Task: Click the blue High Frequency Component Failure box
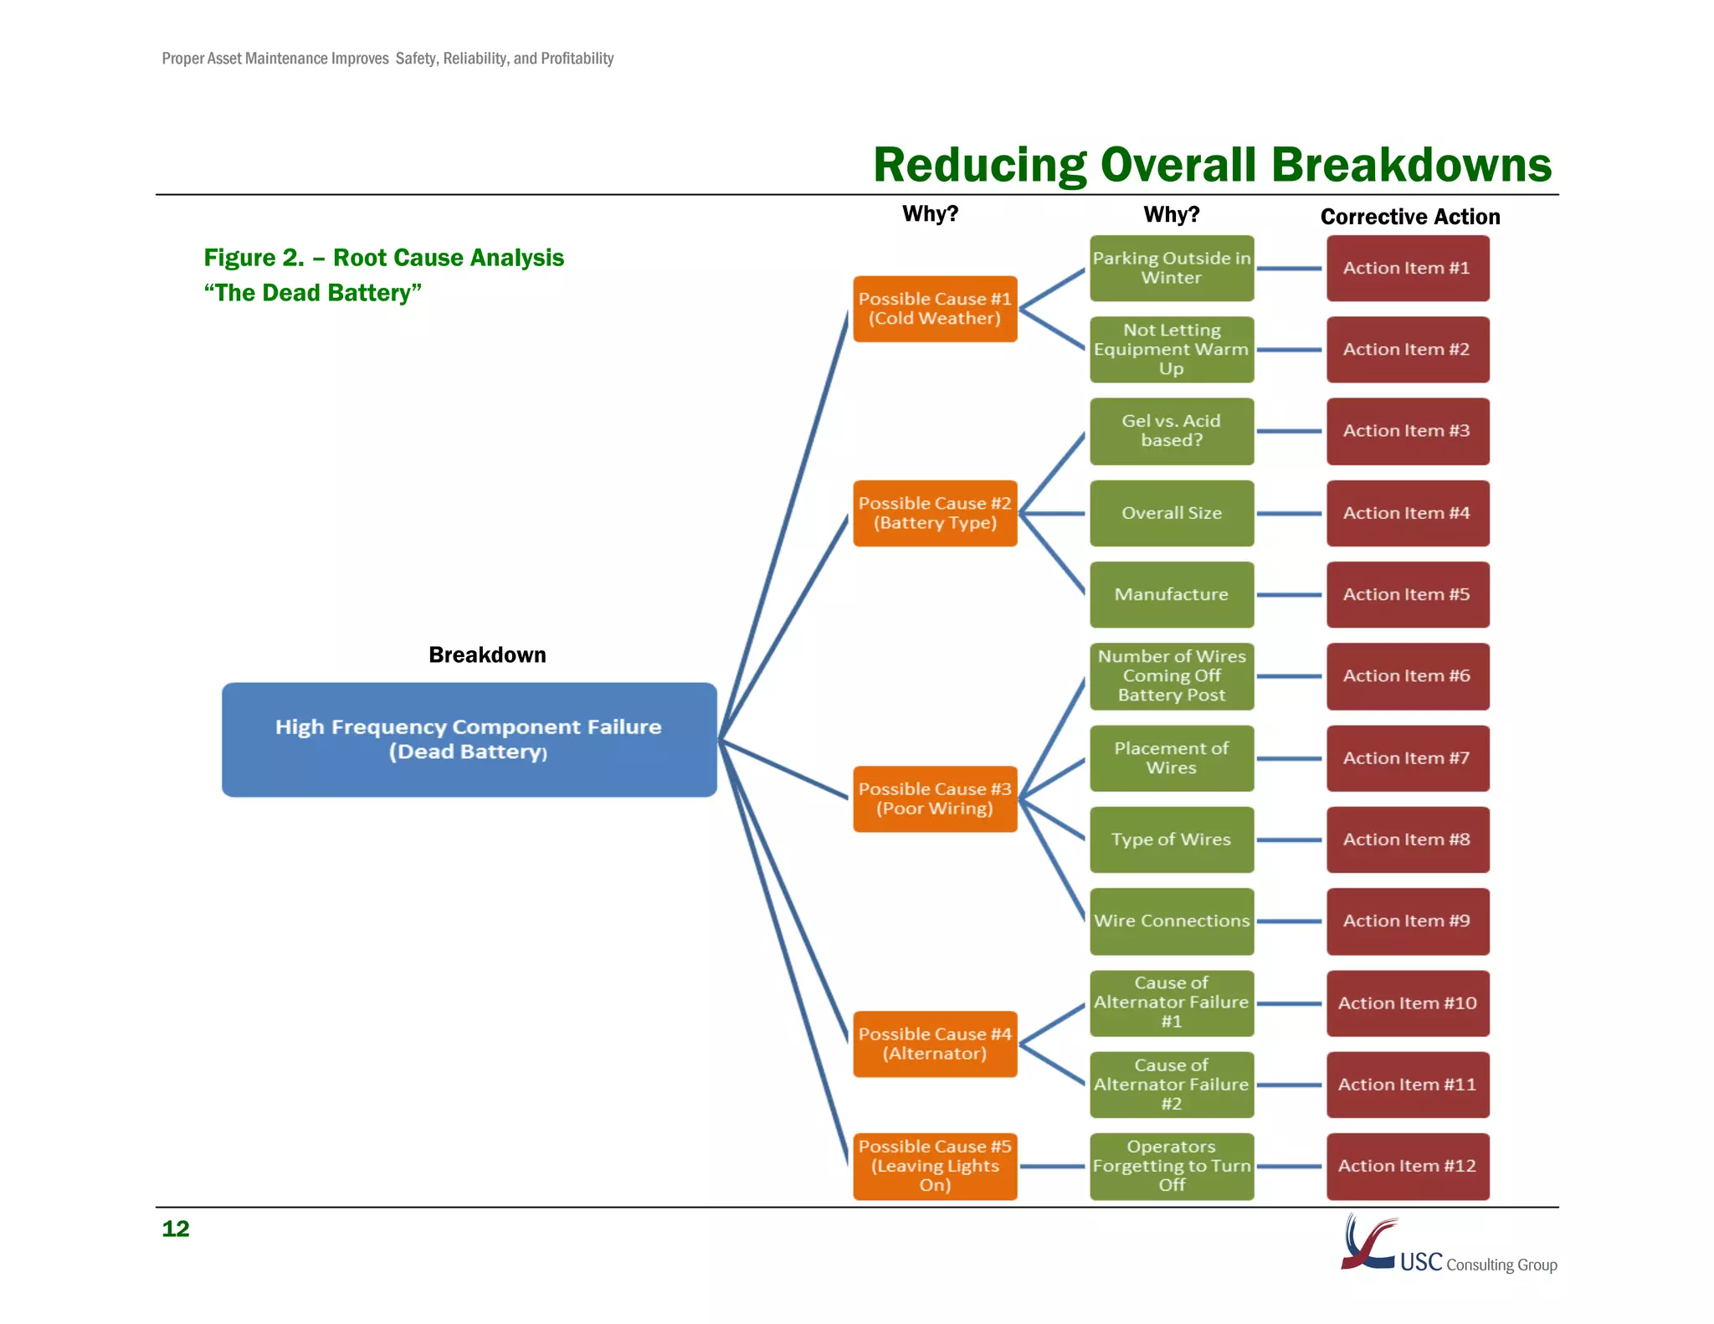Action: [x=469, y=739]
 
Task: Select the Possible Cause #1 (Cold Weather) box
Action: [x=935, y=309]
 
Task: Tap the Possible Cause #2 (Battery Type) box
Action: [x=935, y=513]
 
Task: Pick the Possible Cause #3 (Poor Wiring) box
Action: [x=935, y=798]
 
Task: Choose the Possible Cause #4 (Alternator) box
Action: [x=935, y=1044]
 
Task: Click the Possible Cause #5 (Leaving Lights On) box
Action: [x=935, y=1166]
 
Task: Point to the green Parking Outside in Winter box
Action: [x=1171, y=268]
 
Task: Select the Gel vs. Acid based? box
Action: [x=1171, y=431]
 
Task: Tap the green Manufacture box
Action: [x=1171, y=594]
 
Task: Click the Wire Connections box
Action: [x=1171, y=921]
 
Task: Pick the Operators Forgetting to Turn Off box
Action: [x=1171, y=1166]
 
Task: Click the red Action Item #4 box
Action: [x=1407, y=513]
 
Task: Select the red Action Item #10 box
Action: [x=1407, y=1003]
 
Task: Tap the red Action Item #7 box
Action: [x=1407, y=758]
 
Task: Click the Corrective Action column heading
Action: [x=1409, y=217]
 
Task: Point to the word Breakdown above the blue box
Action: [x=487, y=654]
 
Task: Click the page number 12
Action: [x=176, y=1229]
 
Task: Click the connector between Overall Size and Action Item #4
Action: [x=1289, y=513]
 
